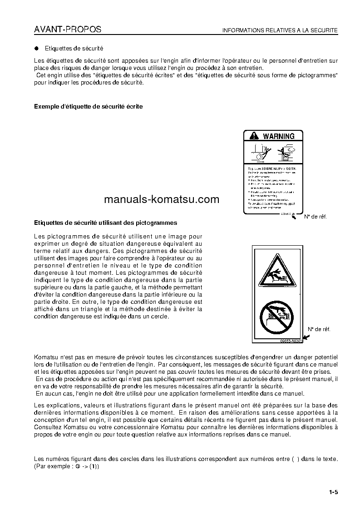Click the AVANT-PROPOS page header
coord(68,30)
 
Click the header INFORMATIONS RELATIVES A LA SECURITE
coord(280,30)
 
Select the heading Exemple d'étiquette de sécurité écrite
coord(89,107)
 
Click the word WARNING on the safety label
coord(279,136)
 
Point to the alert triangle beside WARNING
coord(253,136)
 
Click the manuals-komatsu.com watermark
coord(161,199)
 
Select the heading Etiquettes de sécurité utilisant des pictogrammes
coord(106,223)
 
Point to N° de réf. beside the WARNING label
coord(316,217)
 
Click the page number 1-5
coord(334,492)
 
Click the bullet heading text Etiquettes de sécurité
coord(74,48)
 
